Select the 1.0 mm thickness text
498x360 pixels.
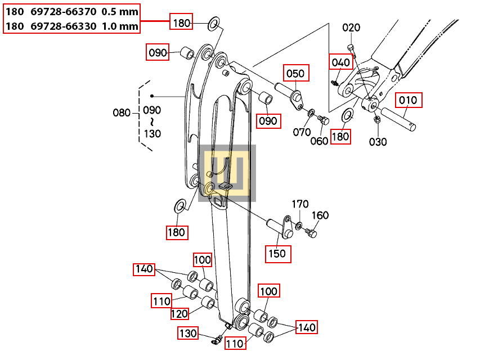[120, 26]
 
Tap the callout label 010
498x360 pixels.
[408, 101]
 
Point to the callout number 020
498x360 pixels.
[351, 28]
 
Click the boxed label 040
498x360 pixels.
[340, 62]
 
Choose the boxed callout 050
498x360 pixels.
[296, 73]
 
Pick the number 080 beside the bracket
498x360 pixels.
[122, 112]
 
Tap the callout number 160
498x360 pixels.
[320, 215]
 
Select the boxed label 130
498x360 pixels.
[189, 334]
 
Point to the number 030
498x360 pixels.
[378, 142]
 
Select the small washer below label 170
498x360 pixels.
[298, 226]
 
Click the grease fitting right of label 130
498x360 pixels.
[216, 339]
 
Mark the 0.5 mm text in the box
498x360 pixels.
[120, 11]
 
